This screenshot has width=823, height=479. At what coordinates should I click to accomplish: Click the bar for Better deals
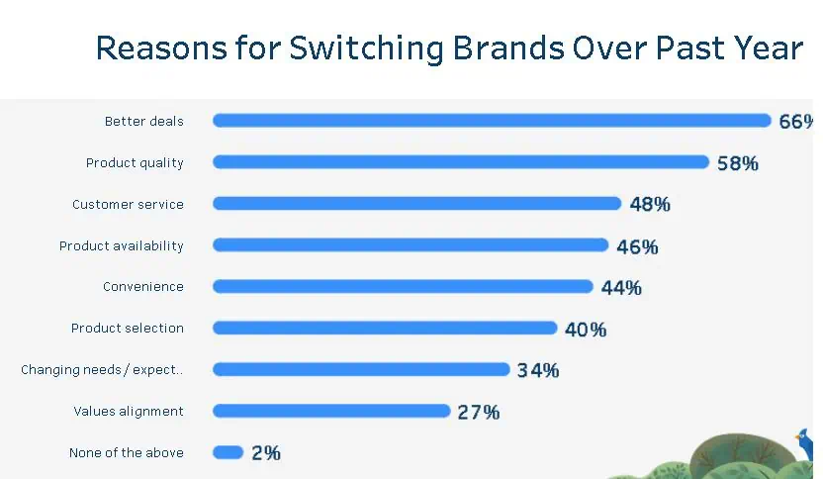click(x=492, y=121)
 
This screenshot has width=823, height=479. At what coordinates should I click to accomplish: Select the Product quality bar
click(x=461, y=162)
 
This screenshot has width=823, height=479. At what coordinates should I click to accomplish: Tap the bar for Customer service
click(x=416, y=204)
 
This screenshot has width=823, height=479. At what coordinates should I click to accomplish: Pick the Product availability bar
click(x=411, y=245)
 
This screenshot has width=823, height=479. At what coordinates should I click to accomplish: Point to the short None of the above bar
click(x=228, y=452)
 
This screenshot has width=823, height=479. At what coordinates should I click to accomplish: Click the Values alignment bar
click(x=331, y=411)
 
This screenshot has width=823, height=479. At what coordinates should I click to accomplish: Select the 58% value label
click(x=738, y=163)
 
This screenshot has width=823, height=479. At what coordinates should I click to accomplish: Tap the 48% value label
click(x=650, y=205)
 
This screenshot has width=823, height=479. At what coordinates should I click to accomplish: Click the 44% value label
click(x=621, y=288)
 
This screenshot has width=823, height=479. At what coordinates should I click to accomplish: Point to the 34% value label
click(x=538, y=370)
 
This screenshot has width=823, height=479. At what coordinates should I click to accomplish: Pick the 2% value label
click(x=266, y=453)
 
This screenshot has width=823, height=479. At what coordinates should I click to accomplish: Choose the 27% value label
click(x=479, y=412)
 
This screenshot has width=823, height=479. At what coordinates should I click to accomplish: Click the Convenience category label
click(x=143, y=287)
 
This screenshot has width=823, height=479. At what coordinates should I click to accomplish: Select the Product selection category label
click(x=128, y=329)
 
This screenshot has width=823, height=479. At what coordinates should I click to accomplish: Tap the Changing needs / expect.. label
click(x=102, y=370)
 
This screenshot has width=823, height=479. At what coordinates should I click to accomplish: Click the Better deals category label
click(x=144, y=122)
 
